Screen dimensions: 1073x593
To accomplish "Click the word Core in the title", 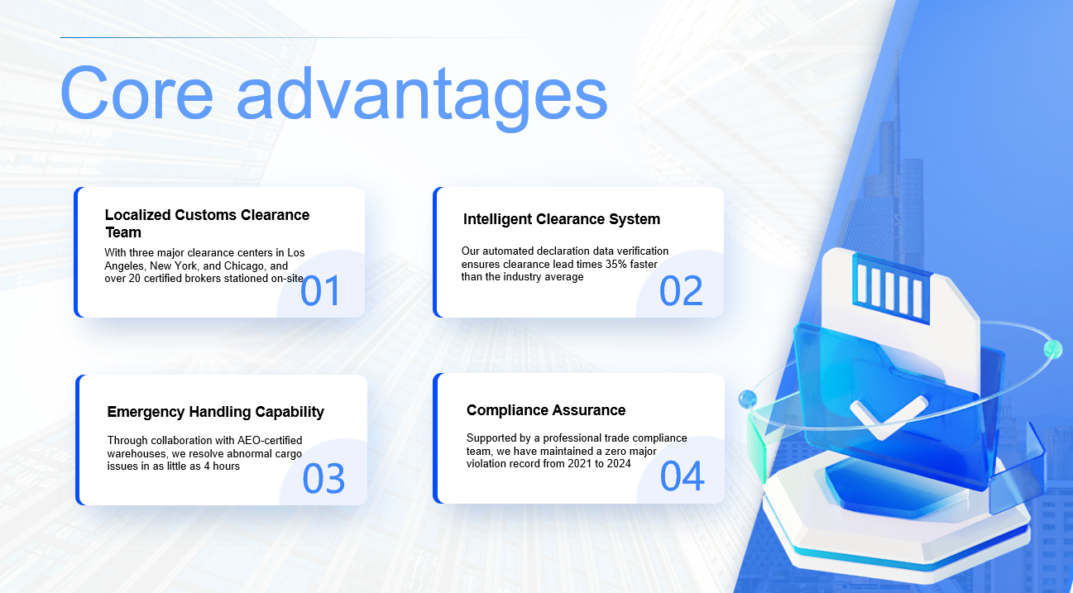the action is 137,93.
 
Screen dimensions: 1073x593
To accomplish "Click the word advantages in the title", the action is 422,98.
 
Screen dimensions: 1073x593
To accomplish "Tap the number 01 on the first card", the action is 320,290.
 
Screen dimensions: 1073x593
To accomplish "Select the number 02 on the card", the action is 681,290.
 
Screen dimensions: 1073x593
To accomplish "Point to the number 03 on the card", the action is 323,478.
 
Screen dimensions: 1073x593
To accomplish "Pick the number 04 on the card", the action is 682,476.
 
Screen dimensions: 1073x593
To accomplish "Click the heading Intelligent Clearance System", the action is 562,219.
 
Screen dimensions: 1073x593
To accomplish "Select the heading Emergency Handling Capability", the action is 216,412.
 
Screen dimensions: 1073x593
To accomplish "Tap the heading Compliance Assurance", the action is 546,410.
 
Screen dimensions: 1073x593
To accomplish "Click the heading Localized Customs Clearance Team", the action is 207,223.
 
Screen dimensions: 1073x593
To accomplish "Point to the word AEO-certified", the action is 270,440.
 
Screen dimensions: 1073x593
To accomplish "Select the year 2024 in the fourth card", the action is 618,464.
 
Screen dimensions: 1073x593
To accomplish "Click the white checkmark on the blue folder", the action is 889,416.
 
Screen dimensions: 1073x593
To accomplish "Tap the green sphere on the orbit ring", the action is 1053,349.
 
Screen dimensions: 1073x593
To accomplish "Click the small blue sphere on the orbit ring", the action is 747,399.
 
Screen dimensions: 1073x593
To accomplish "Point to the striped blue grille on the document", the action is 892,289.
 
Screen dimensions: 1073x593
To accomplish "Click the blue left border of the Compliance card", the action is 435,438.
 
